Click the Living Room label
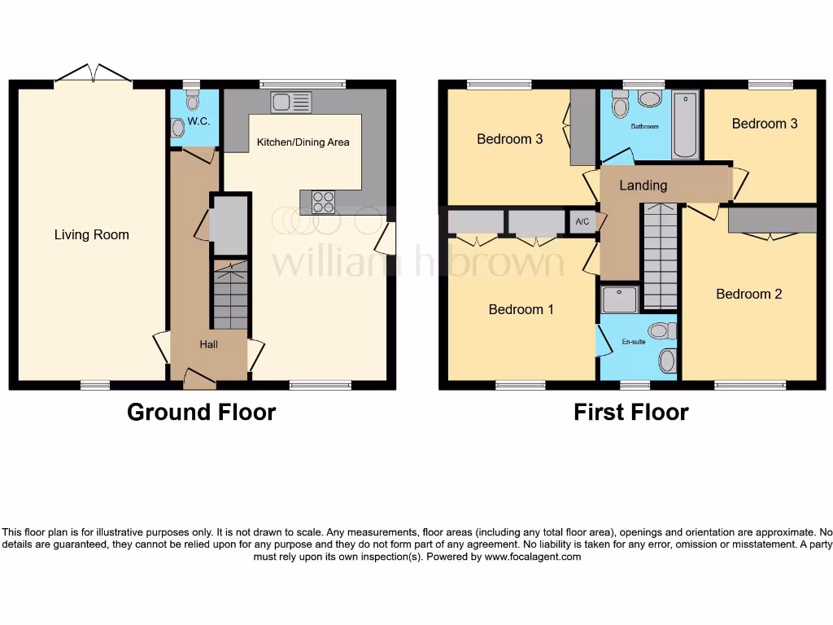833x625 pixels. click(91, 235)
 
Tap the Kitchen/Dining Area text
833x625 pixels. click(303, 142)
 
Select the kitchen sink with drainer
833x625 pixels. click(292, 103)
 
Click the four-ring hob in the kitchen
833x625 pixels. click(322, 200)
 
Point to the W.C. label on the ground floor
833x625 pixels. click(198, 121)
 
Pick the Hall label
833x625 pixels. click(209, 344)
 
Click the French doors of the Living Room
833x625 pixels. click(94, 76)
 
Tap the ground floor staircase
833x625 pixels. click(229, 294)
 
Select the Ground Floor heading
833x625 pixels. click(201, 413)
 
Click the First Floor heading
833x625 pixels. click(630, 413)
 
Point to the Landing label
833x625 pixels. click(643, 186)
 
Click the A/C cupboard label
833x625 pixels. click(582, 222)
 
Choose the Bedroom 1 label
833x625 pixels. click(521, 309)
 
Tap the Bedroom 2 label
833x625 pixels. click(748, 294)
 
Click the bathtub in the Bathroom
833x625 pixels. click(685, 125)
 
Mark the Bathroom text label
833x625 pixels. click(645, 127)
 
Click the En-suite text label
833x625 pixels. click(633, 342)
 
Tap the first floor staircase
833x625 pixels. click(660, 256)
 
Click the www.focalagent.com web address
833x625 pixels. click(533, 557)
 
